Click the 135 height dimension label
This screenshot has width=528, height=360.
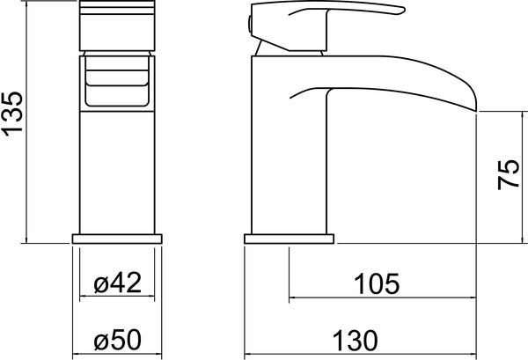pos(13,114)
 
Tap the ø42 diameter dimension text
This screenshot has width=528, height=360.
pos(118,283)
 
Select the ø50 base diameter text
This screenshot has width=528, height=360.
pos(118,340)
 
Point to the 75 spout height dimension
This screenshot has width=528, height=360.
pos(509,174)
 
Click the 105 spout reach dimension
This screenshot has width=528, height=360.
pos(377,284)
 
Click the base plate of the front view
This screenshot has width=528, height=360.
pos(117,239)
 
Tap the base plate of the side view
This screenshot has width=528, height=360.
pos(289,239)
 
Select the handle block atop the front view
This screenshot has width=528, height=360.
pos(117,26)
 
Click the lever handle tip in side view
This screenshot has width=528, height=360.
pos(402,10)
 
